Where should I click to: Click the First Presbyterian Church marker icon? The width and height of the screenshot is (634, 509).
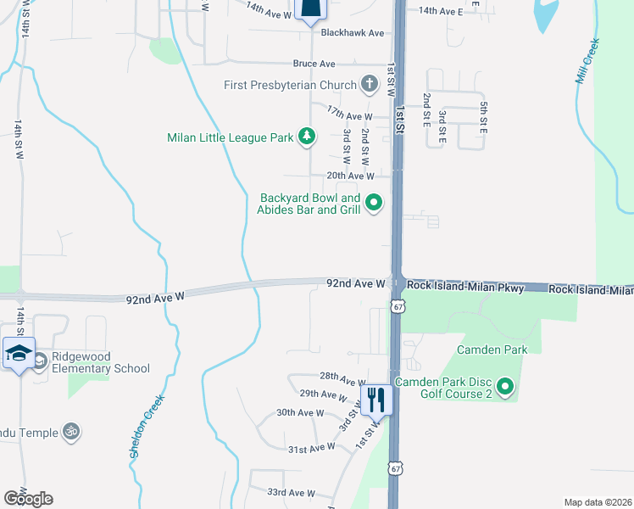point(369,84)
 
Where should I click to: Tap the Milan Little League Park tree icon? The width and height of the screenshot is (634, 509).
point(307,137)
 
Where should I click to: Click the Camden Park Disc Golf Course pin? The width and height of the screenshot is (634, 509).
point(505,388)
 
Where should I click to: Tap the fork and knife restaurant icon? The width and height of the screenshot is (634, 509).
point(376,399)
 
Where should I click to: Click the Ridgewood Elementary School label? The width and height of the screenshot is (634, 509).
point(101,362)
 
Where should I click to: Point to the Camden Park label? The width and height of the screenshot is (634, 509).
point(492,350)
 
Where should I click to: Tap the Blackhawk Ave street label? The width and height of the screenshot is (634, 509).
point(353,33)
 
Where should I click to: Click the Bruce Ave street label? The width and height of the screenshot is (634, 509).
point(314,64)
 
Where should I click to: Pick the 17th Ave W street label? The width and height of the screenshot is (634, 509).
point(349,115)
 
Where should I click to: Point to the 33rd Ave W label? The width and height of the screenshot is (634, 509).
point(291,493)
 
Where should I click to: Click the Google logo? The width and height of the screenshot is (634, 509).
point(28,499)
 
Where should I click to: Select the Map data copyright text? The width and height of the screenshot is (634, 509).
point(598,502)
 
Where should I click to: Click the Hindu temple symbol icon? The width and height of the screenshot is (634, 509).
point(73,432)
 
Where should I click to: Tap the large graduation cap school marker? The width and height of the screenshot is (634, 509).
point(19,354)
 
